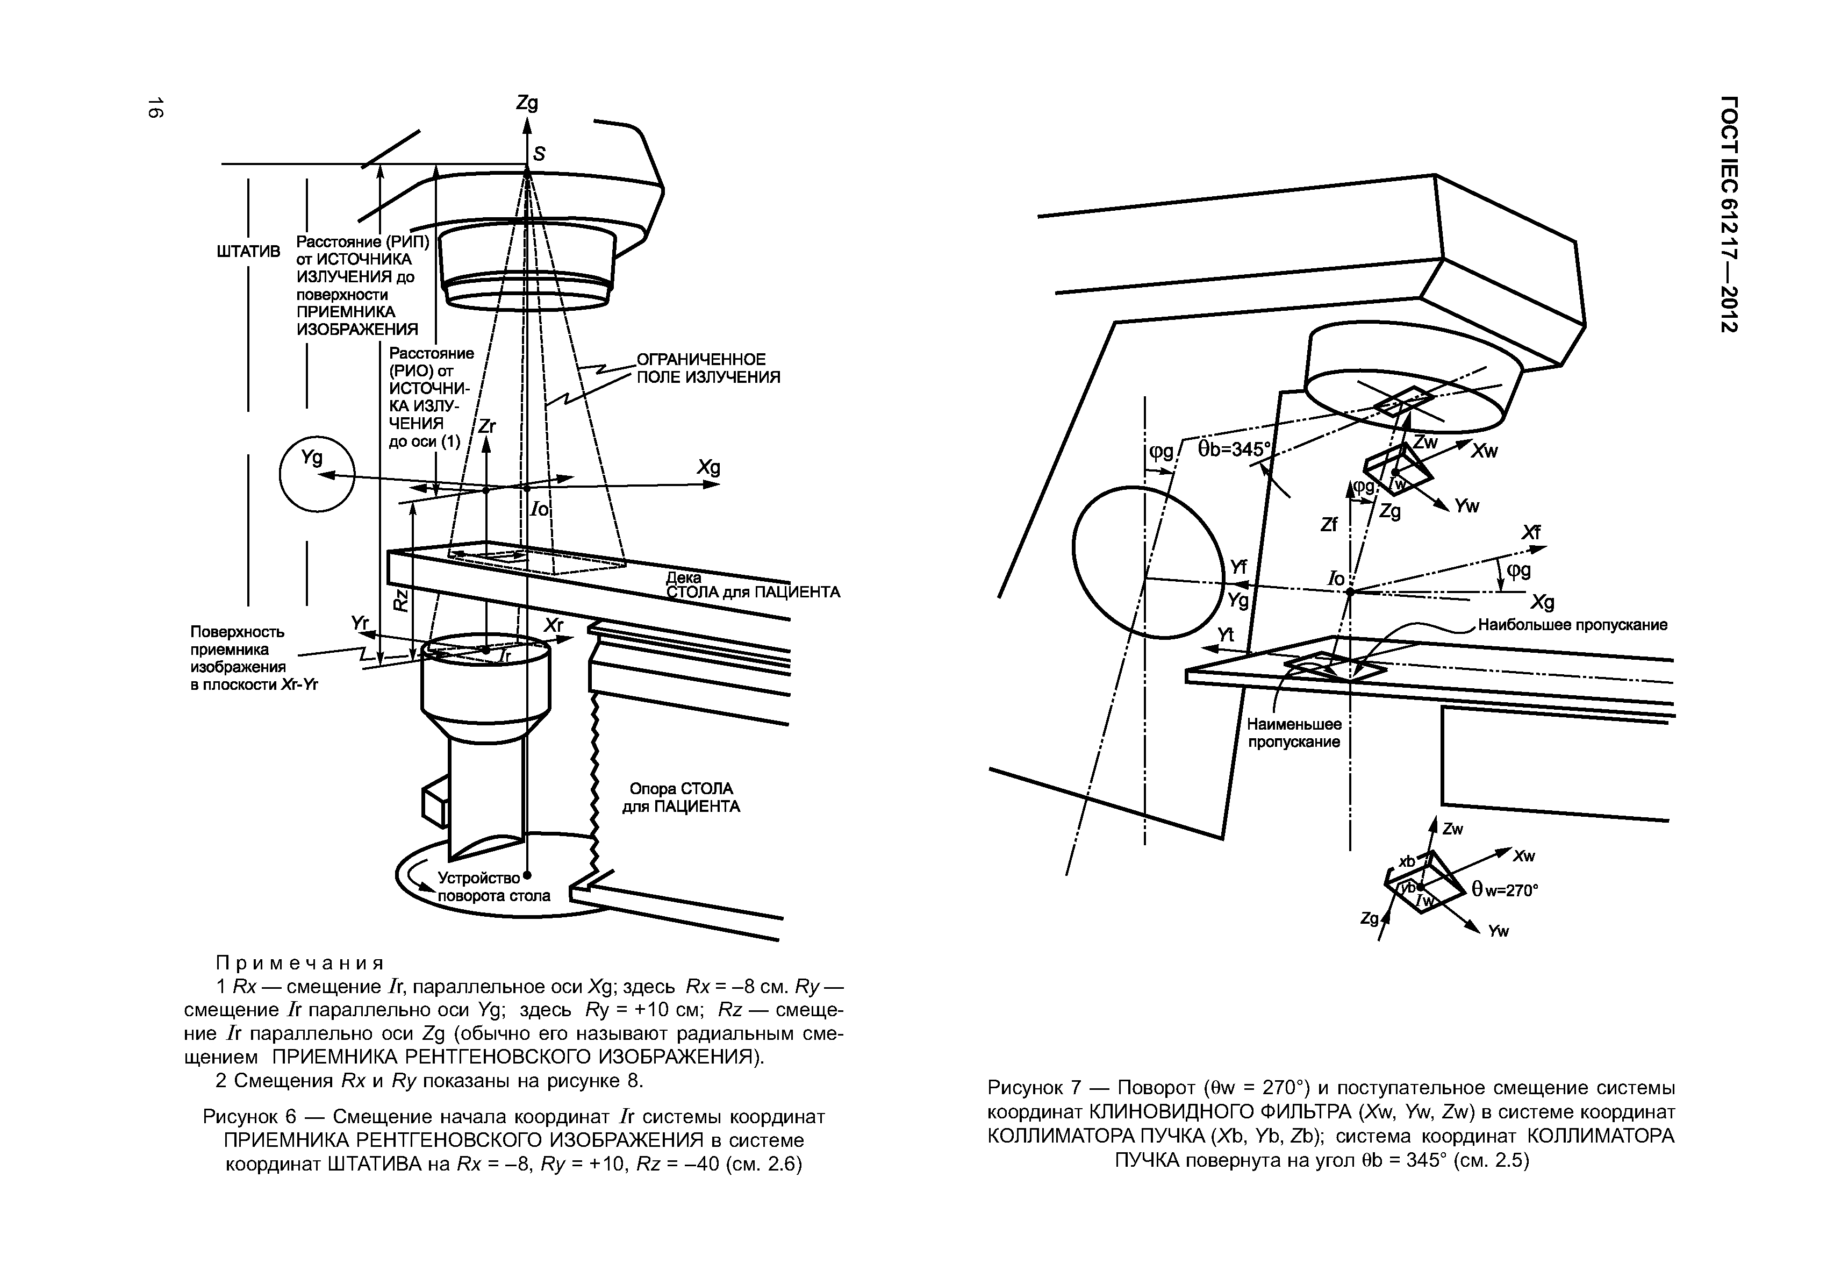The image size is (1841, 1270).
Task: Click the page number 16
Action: click(x=155, y=108)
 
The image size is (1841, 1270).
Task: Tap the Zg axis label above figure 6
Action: click(x=527, y=103)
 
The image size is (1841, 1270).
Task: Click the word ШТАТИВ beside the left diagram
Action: click(x=249, y=252)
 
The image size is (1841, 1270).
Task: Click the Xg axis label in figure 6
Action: click(x=708, y=467)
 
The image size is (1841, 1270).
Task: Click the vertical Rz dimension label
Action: click(x=401, y=600)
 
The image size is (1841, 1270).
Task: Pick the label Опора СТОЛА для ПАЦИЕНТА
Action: click(x=681, y=797)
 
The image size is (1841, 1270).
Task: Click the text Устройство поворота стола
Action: click(x=493, y=887)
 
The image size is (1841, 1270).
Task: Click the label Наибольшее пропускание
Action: click(x=1572, y=625)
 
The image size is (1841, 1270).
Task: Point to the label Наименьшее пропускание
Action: click(x=1294, y=733)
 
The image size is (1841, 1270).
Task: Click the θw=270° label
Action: click(x=1505, y=890)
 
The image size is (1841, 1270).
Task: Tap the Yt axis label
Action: click(x=1226, y=634)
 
